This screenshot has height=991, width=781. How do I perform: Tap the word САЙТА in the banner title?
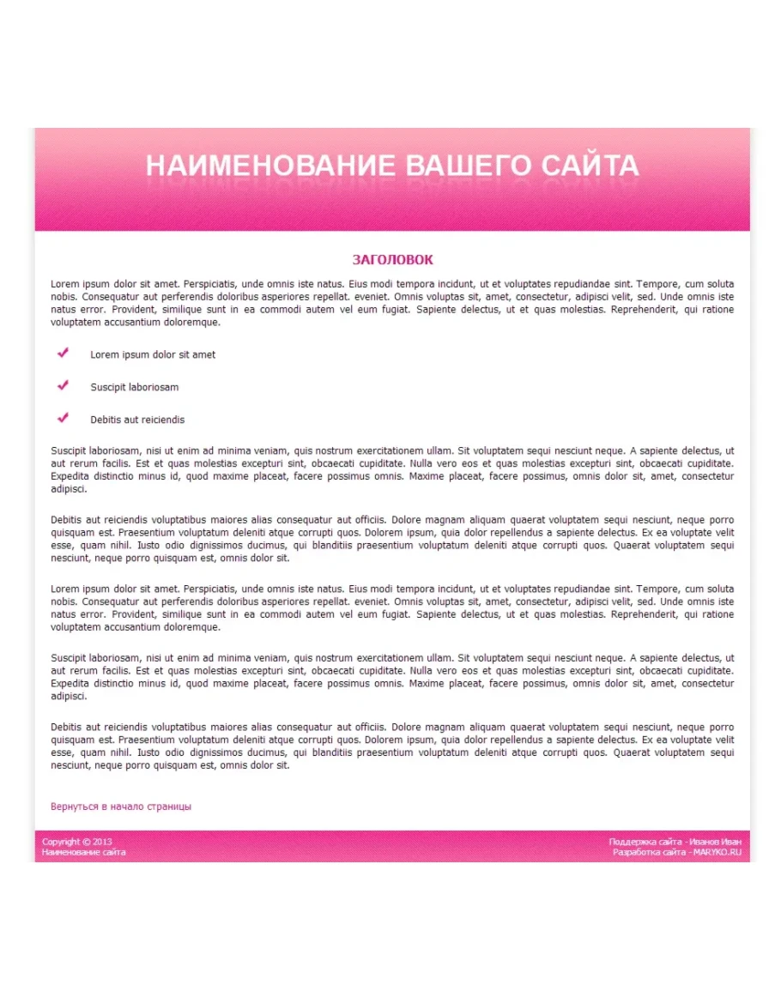click(x=591, y=166)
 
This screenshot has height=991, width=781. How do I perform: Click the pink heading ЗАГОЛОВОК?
click(x=392, y=260)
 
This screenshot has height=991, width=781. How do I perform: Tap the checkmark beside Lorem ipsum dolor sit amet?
click(x=63, y=353)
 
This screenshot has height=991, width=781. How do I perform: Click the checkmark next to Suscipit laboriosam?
click(x=63, y=385)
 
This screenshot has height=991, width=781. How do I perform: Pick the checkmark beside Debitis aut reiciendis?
click(x=63, y=418)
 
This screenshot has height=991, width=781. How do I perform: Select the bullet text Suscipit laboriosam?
click(x=135, y=387)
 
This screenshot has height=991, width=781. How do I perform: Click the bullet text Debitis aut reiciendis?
click(x=137, y=420)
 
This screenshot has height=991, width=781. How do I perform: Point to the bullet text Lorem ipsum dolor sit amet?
click(x=153, y=354)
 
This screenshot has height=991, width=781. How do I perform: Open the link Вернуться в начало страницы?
click(x=121, y=807)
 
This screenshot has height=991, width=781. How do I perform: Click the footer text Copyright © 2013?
click(x=77, y=842)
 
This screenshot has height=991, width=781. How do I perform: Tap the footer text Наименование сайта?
click(x=83, y=852)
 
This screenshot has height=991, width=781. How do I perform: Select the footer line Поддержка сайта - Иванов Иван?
click(x=675, y=842)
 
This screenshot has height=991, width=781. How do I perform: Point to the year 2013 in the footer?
click(x=102, y=842)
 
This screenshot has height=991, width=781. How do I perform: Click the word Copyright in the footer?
click(x=60, y=842)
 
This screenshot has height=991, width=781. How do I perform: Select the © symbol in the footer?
click(x=86, y=842)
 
